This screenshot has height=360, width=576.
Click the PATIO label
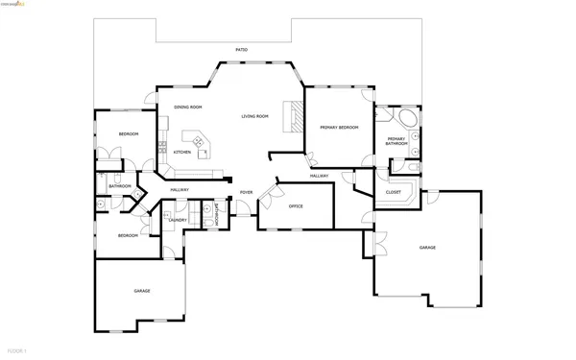click(x=241, y=49)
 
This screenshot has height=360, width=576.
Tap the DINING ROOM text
click(x=187, y=107)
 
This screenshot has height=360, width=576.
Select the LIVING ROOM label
click(x=254, y=116)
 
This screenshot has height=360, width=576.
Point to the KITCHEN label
click(x=181, y=152)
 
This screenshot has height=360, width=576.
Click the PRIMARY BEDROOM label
click(x=339, y=127)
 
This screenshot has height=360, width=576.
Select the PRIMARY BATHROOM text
click(x=397, y=141)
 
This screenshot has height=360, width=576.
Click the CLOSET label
click(x=393, y=192)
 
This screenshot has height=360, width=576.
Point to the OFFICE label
click(x=296, y=206)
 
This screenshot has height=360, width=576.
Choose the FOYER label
click(x=246, y=192)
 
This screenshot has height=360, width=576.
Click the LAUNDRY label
click(x=177, y=220)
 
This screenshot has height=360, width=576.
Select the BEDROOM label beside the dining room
click(x=128, y=133)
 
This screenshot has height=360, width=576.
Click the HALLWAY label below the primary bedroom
click(x=320, y=177)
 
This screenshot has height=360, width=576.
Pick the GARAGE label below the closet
click(x=427, y=247)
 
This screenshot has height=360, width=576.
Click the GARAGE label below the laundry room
click(x=141, y=290)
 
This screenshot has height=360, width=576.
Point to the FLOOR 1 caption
click(x=16, y=352)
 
